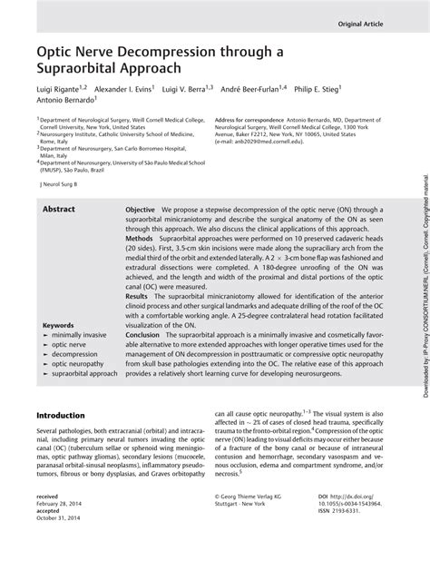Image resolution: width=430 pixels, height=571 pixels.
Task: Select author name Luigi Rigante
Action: click(60, 90)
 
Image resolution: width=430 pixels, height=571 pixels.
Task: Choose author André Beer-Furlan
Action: click(250, 90)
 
